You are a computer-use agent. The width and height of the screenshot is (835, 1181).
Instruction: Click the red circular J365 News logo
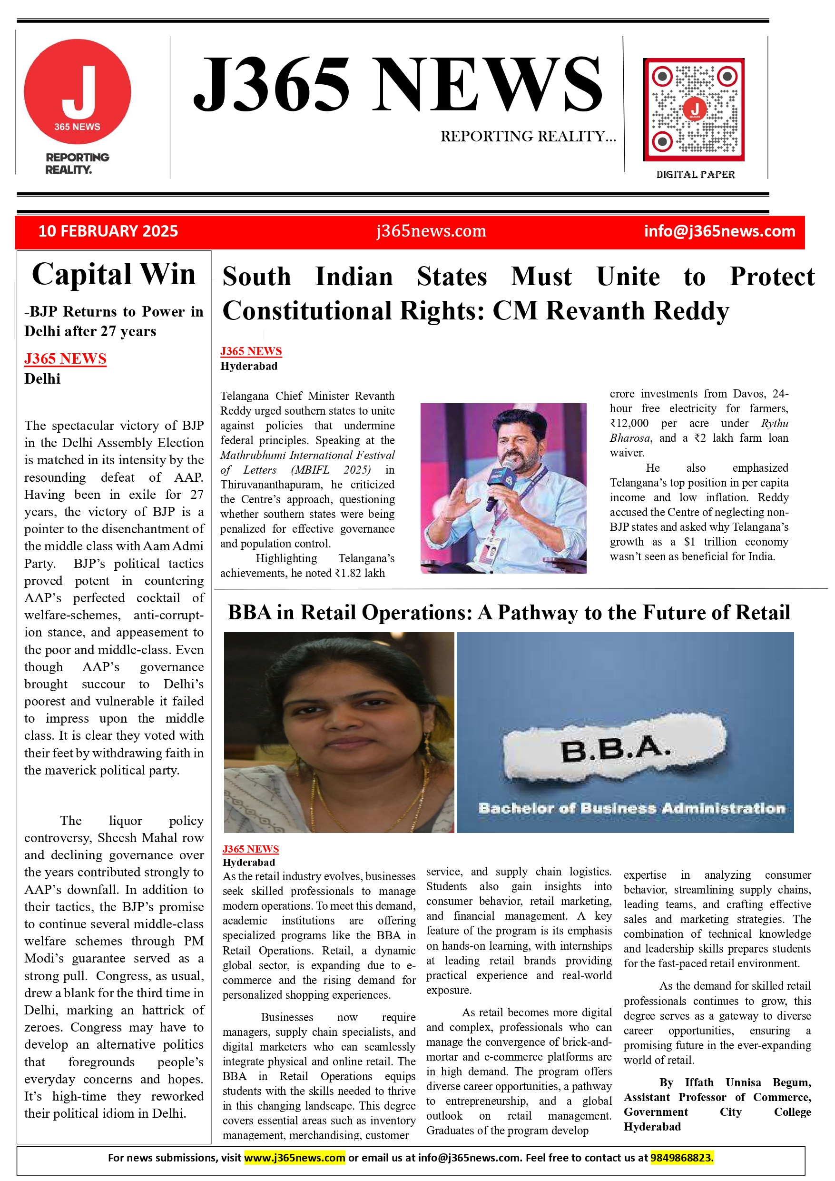pos(77,91)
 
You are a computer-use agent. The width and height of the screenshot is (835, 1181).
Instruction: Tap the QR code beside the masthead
pos(694,109)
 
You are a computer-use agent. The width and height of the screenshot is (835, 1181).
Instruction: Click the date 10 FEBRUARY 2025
pos(108,231)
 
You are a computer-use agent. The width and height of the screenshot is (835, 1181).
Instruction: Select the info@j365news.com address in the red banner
pos(719,231)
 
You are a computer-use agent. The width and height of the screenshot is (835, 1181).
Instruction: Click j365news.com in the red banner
pos(431,231)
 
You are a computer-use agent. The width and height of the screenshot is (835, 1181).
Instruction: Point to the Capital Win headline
pos(114,274)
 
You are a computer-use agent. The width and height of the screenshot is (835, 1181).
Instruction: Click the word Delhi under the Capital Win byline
pos(42,379)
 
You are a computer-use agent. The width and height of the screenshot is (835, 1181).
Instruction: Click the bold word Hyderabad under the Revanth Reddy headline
pos(249,366)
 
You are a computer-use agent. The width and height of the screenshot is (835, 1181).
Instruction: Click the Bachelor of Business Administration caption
pos(631,809)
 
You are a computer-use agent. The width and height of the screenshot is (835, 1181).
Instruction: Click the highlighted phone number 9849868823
pos(682,1158)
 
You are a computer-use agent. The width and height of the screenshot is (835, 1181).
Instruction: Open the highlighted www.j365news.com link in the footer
pos(294,1158)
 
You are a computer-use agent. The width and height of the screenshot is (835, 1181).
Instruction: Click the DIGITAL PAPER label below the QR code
pos(695,175)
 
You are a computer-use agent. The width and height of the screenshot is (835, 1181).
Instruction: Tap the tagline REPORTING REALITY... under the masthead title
pos(528,136)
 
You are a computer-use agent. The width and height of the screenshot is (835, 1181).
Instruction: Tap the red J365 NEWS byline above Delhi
pos(65,358)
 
